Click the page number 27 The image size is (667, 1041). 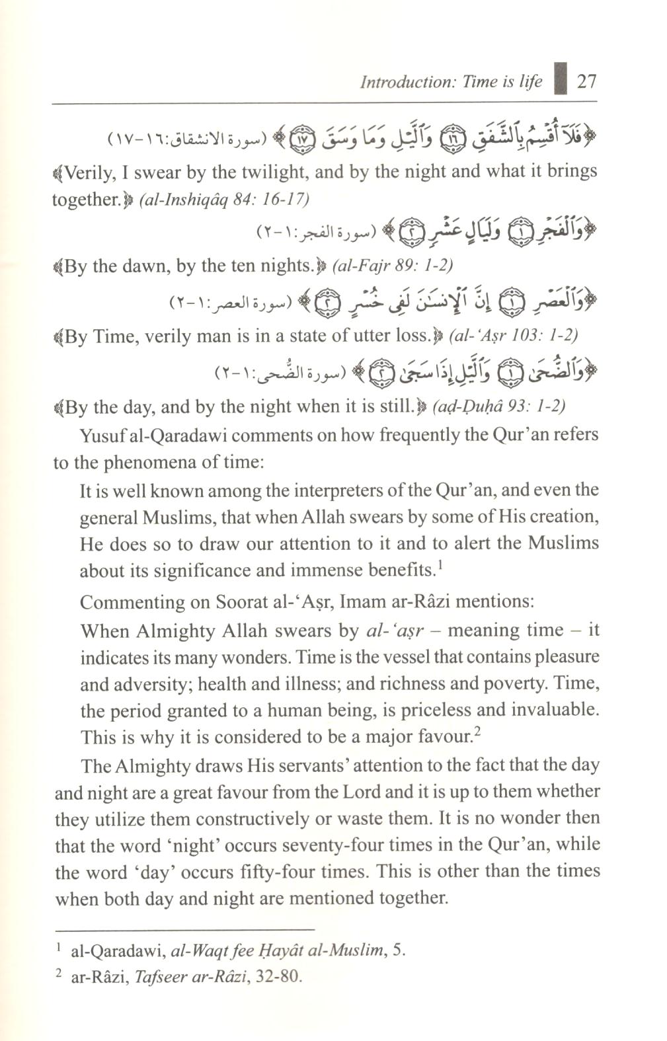[586, 81]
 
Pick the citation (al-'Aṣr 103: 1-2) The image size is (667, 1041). [513, 335]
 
